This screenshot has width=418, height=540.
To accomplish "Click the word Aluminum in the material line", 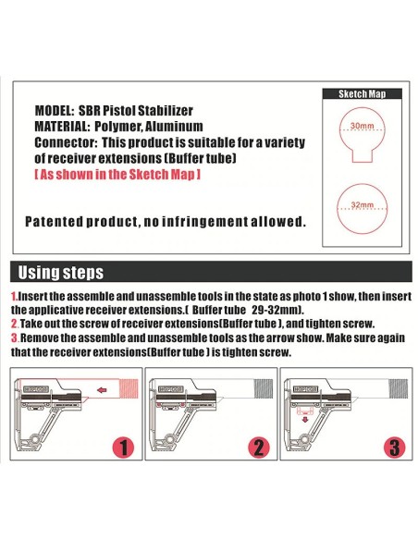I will [x=175, y=126].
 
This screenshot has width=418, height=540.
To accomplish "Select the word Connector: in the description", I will [x=66, y=143].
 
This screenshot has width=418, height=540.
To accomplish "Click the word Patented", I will [x=54, y=222].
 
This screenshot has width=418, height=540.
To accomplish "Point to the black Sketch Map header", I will [x=356, y=94].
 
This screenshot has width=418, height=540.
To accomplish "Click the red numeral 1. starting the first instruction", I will [x=14, y=296].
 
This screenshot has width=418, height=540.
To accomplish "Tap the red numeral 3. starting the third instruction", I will [x=15, y=337].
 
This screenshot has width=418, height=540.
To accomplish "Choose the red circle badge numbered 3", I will [x=395, y=448].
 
